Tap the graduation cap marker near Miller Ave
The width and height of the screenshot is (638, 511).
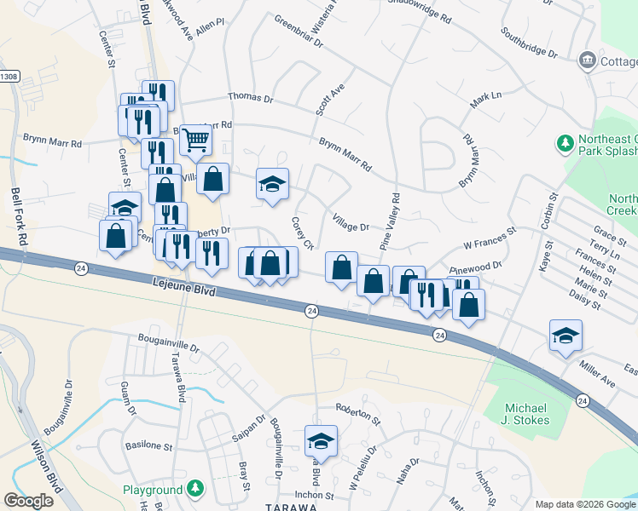pyautogui.click(x=565, y=336)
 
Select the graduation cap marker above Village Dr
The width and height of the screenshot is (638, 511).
pyautogui.click(x=272, y=184)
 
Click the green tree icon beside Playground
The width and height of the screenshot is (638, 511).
pyautogui.click(x=196, y=489)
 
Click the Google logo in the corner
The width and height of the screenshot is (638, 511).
pyautogui.click(x=28, y=501)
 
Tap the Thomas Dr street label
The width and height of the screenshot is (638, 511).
pyautogui.click(x=250, y=100)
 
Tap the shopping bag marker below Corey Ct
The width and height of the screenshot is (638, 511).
pyautogui.click(x=341, y=267)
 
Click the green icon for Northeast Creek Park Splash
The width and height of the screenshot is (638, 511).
pyautogui.click(x=564, y=141)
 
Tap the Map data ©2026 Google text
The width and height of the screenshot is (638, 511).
pyautogui.click(x=584, y=504)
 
